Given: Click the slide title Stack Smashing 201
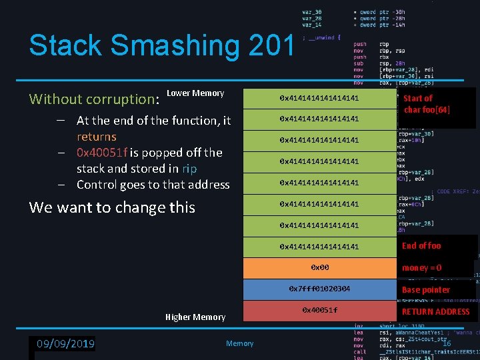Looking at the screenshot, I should tap(161, 46).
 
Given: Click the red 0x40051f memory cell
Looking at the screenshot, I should tap(319, 311).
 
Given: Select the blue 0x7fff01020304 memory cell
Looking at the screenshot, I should tap(319, 289).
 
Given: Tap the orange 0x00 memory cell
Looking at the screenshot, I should tap(319, 267).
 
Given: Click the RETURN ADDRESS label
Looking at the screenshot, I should tap(435, 311).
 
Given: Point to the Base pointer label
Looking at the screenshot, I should tap(425, 290).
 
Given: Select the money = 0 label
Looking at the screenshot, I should tap(421, 268).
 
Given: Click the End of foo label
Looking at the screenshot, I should tap(421, 246).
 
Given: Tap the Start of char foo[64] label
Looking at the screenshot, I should tap(427, 104).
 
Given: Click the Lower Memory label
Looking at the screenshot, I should tap(195, 93).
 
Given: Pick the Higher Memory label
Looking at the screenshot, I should tap(195, 317).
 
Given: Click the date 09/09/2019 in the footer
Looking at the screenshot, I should tap(65, 344).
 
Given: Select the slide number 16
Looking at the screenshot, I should tap(447, 343).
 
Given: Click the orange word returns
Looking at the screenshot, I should tap(96, 137).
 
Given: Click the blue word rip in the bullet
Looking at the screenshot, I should tap(189, 169).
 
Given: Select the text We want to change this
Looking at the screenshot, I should tap(112, 207).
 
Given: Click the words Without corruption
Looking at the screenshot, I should tap(92, 99).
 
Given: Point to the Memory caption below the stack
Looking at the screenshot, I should tap(239, 344).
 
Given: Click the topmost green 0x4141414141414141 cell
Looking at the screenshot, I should tap(319, 98).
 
